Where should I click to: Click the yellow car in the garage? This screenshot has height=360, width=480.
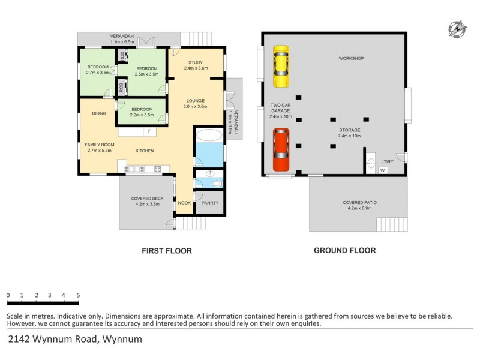pos(281,67)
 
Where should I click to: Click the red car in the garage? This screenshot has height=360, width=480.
pos(281,149)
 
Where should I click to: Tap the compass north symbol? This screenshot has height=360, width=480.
pos(457,29)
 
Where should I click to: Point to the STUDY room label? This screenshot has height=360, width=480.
pos(196,62)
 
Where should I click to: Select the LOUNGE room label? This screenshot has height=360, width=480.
pos(196,101)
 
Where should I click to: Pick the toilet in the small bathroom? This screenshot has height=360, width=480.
pos(217,184)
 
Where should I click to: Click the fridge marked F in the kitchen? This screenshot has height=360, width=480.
pos(149,131)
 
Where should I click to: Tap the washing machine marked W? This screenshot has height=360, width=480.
pos(383,170)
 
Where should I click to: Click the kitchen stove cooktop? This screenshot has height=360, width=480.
pos(157,169)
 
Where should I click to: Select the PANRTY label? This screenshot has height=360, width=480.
pos(210,203)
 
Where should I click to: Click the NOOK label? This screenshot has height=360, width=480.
pos(184,203)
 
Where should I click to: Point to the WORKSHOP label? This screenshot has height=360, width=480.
pos(351,58)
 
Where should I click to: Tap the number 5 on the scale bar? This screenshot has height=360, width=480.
pos(79,295)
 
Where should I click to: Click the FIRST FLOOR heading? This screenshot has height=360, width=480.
pos(167,251)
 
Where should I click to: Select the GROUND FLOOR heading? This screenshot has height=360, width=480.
pos(345,250)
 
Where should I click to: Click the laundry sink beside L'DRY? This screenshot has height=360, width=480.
pos(371,163)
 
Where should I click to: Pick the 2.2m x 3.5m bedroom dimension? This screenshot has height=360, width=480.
pos(142,115)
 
